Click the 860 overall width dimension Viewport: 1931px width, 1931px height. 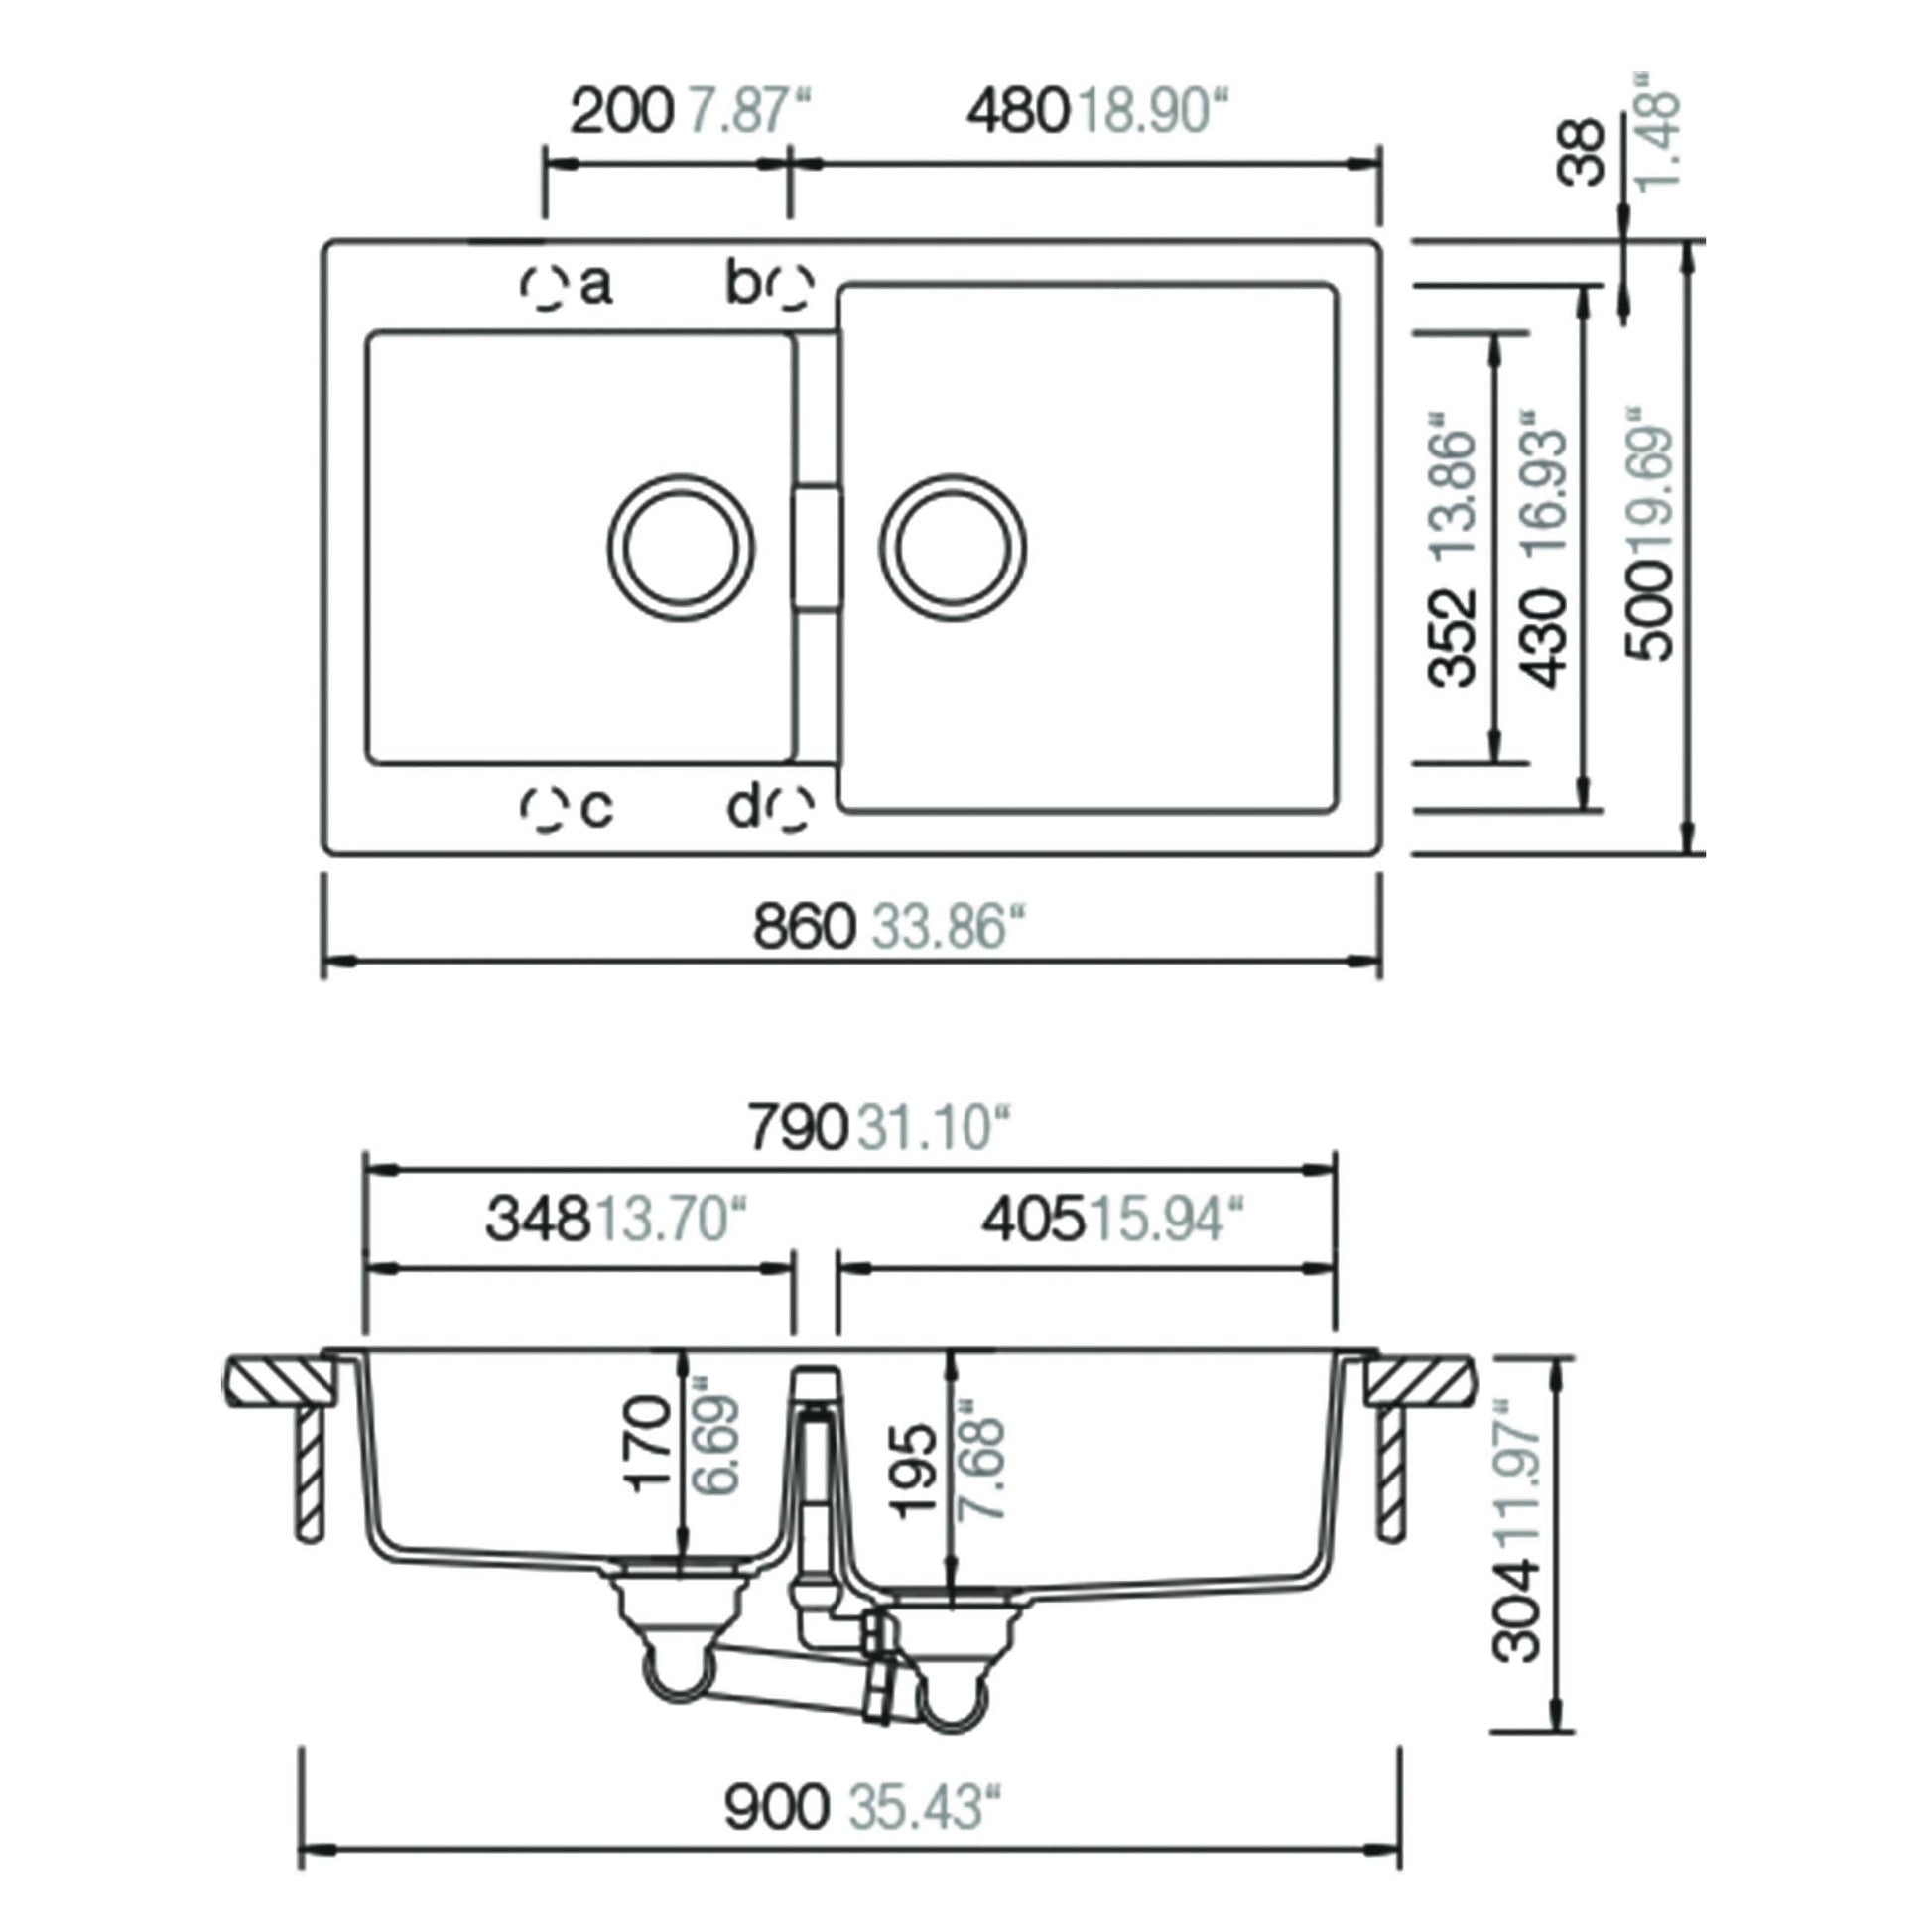coord(804,927)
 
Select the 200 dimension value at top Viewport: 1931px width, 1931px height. coord(622,111)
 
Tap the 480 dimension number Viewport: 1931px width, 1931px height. coord(1017,111)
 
